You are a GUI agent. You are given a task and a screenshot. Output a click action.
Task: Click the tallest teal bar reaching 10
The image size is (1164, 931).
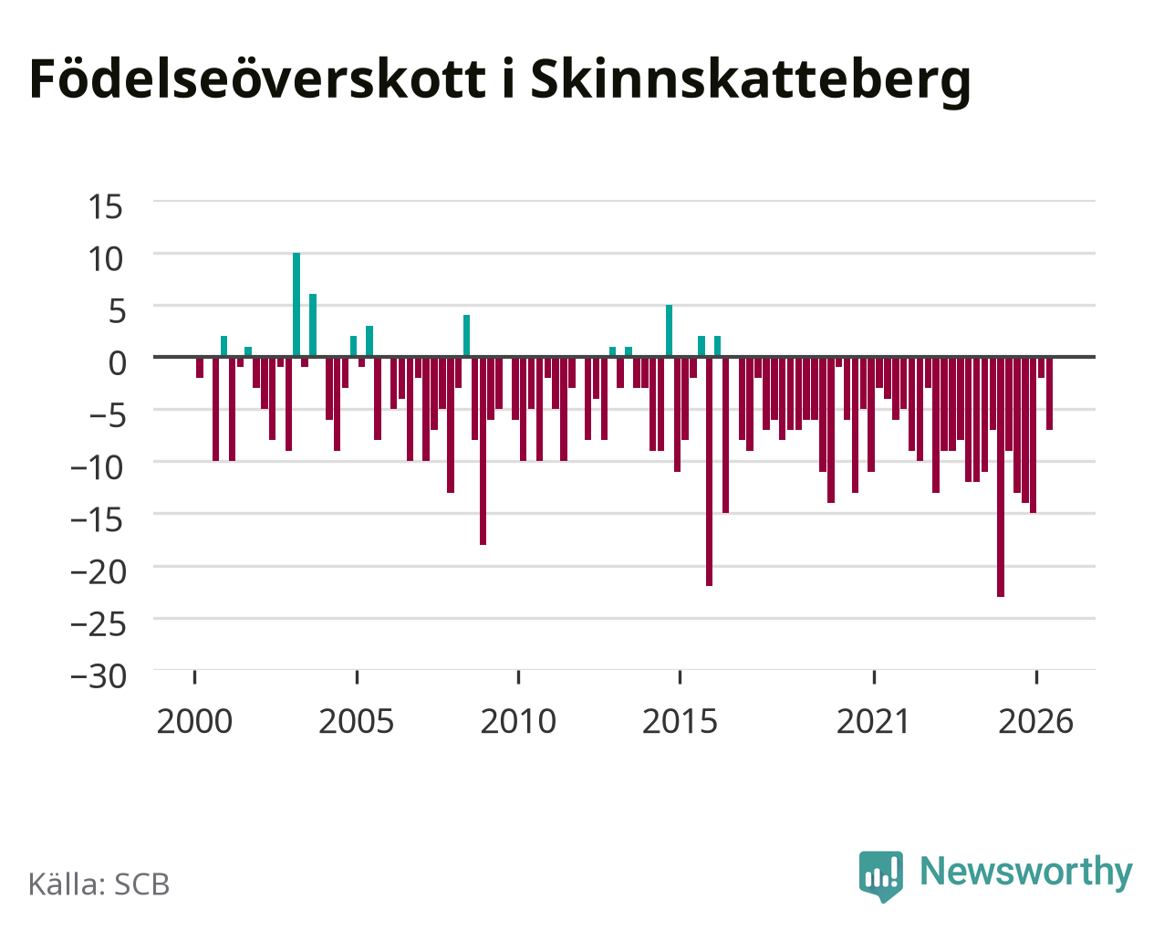pos(296,305)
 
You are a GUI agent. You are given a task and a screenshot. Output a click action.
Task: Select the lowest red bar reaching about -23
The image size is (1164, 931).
pos(1000,476)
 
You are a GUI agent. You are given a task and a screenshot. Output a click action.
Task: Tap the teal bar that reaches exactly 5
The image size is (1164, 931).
pos(669,330)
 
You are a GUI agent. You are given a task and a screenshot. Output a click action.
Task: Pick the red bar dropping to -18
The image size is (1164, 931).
pos(483,451)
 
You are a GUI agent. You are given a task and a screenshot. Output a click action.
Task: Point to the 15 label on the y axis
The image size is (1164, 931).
pos(106,207)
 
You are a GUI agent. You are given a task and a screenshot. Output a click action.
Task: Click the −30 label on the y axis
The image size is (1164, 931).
pos(99,676)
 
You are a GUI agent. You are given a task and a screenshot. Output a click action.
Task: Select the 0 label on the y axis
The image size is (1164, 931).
pos(117,363)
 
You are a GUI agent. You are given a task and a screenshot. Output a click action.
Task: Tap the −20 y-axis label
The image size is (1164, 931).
pos(99,572)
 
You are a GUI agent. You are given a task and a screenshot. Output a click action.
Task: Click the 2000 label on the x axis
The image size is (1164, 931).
pos(194,721)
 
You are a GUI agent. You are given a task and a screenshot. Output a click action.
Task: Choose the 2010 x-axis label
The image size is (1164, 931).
pos(518,721)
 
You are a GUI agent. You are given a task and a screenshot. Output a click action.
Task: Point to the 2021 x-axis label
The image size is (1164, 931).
pos(874,721)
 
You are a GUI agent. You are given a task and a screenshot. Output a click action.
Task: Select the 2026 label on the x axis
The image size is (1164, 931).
pos(1035,721)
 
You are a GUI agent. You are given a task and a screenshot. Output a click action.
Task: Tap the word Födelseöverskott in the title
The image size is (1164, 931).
pos(257,79)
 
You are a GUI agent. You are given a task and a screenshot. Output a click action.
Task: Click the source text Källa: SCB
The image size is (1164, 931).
pos(99,884)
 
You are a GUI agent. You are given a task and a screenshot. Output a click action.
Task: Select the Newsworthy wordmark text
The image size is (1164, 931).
pos(1026,873)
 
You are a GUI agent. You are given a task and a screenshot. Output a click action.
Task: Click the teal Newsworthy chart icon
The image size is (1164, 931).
pos(881,876)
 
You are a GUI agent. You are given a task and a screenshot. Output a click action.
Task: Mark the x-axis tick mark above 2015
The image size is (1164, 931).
pos(680,677)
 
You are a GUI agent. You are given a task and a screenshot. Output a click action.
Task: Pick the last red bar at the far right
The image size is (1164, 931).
pos(1049,393)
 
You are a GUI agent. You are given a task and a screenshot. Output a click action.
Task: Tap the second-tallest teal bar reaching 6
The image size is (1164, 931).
pos(313,325)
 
